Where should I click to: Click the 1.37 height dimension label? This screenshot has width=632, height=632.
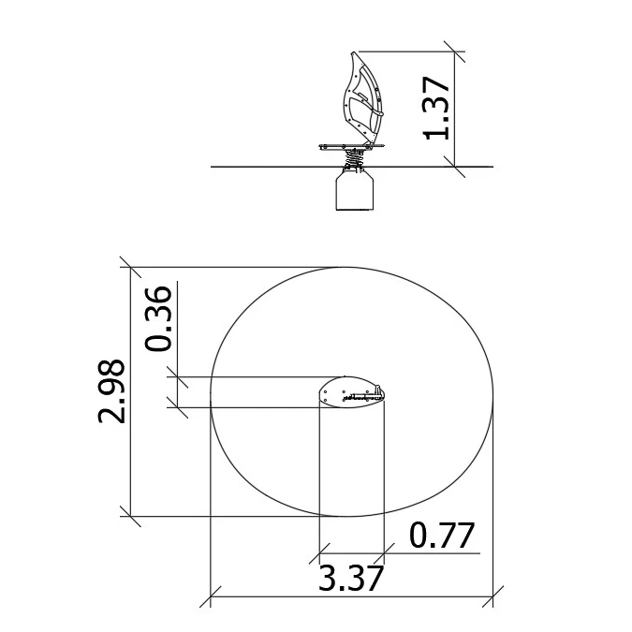point(436,108)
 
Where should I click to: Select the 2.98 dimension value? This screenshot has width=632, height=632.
point(111,390)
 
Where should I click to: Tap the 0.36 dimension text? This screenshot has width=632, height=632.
point(158,318)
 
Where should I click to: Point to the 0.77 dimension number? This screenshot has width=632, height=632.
point(442,536)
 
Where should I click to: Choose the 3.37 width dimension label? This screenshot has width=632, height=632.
point(351,579)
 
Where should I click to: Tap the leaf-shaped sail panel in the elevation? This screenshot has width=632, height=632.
point(362,98)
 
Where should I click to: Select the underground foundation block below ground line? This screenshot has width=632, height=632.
point(355,189)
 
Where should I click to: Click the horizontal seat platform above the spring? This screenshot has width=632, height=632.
point(351,147)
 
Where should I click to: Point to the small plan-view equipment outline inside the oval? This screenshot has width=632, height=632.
point(351,391)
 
